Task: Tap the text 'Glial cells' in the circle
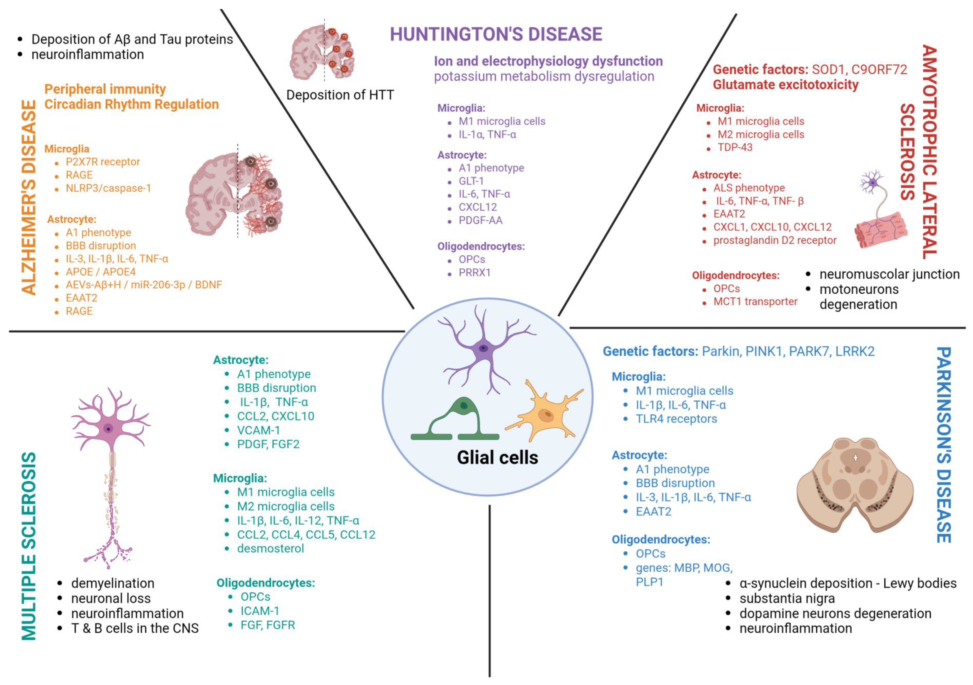498,457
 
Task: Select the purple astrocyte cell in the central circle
483,349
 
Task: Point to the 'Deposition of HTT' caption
340,95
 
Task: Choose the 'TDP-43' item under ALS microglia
735,147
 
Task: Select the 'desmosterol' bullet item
270,548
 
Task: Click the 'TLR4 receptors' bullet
676,419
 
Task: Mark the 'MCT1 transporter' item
755,302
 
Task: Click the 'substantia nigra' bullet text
787,598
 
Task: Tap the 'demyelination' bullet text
113,583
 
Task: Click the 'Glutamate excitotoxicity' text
785,85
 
